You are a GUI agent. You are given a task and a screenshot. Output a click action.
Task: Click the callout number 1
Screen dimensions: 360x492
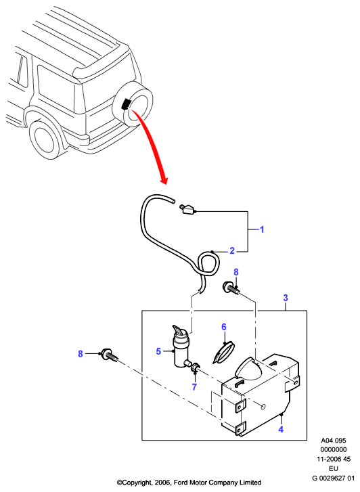click(x=262, y=229)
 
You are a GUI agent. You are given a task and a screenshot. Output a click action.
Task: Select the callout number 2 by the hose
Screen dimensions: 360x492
click(x=232, y=250)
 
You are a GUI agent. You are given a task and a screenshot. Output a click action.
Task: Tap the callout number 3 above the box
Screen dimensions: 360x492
click(x=286, y=298)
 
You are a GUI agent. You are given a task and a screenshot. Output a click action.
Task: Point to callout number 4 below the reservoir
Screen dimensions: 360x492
click(x=281, y=429)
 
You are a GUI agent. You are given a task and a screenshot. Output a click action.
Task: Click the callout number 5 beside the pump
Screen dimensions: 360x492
click(x=158, y=351)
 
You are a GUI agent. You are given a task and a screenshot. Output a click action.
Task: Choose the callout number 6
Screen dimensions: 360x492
click(x=224, y=327)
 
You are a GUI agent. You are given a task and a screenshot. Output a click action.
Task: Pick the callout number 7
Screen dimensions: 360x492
click(x=194, y=387)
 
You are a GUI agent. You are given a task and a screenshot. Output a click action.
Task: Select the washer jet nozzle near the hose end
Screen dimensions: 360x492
click(x=187, y=209)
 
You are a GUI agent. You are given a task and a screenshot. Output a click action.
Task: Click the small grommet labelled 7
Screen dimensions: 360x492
click(x=195, y=367)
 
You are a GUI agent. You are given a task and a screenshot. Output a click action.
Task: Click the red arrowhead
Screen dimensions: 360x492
click(x=164, y=180)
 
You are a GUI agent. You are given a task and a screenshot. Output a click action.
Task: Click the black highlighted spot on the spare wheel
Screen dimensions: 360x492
click(x=127, y=104)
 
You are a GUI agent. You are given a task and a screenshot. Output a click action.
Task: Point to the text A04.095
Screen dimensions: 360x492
click(x=333, y=441)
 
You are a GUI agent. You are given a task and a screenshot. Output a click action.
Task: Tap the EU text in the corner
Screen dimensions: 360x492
click(x=334, y=469)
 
